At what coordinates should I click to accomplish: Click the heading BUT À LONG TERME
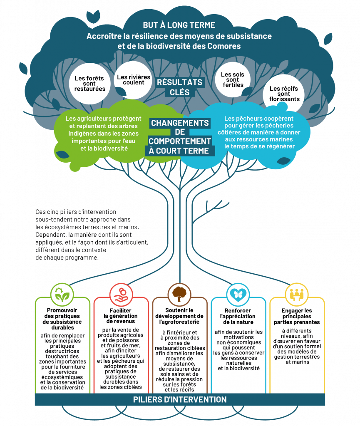179,25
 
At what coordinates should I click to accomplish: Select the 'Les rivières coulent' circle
131,79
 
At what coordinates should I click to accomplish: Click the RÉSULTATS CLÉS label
179,87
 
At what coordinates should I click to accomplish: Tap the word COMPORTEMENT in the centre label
180,141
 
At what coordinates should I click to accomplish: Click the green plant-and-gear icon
62,295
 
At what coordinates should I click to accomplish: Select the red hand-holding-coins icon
121,295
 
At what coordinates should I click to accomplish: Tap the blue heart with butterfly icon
238,295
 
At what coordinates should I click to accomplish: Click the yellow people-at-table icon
297,295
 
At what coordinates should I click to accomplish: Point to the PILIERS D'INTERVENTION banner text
180,400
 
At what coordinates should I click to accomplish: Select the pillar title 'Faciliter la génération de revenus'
121,316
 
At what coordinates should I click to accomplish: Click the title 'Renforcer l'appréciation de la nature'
238,316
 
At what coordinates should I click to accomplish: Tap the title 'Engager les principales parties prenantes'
297,316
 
